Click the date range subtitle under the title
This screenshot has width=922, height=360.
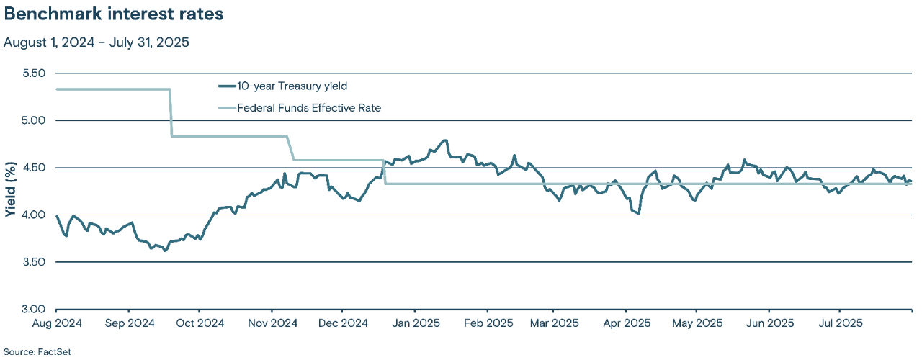click(x=96, y=42)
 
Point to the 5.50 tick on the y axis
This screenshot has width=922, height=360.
click(x=33, y=73)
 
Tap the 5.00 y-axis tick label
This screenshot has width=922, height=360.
click(x=33, y=120)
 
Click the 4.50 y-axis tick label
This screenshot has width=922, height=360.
click(x=33, y=168)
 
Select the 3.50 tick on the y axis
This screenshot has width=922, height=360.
click(x=33, y=262)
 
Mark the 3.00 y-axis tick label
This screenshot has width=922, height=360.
click(x=33, y=310)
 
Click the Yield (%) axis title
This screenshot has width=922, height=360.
click(x=10, y=192)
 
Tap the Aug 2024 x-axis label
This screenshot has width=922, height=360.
click(x=56, y=323)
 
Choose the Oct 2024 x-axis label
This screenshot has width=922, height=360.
click(x=199, y=323)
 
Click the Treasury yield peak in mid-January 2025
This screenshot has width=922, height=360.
click(x=446, y=140)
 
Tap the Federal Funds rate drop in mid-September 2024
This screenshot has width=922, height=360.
click(x=171, y=112)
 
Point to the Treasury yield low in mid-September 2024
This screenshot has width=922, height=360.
click(x=165, y=251)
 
